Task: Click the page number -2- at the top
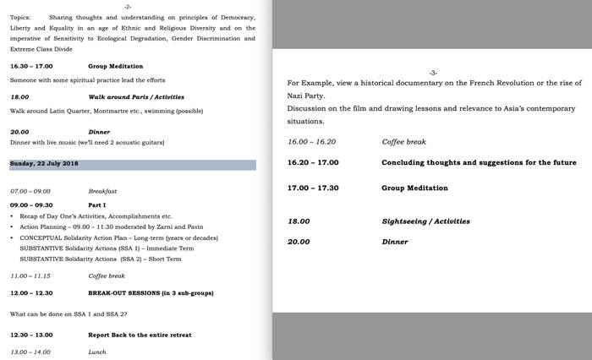128,7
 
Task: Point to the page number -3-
433,73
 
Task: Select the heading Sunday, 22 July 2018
44,163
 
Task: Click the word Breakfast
102,192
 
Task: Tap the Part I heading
96,205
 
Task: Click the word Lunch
97,352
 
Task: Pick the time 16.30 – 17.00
31,66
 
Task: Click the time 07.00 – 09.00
30,192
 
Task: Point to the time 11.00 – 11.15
30,275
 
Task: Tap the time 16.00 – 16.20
312,142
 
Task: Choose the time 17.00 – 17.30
312,188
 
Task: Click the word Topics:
21,17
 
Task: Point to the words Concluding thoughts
427,162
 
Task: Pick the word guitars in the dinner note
151,142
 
